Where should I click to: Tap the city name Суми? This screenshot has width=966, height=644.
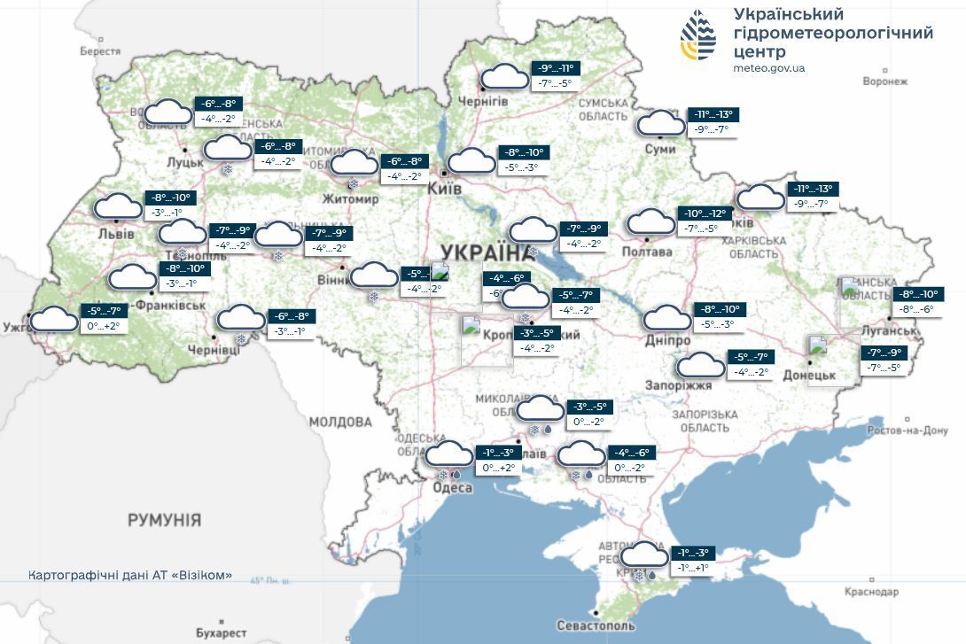point(660,149)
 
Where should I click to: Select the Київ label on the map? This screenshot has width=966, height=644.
point(443,190)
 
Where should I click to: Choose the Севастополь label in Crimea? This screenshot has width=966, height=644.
point(596,625)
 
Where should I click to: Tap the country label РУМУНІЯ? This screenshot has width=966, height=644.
point(164,520)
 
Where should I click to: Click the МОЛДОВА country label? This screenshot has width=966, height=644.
point(339,421)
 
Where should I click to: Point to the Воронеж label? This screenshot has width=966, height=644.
point(884,81)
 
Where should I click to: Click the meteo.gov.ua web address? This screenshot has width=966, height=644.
point(769,68)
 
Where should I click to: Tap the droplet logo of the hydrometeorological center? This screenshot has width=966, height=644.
point(698,35)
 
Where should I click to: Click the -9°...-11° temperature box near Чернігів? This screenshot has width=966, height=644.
point(555,68)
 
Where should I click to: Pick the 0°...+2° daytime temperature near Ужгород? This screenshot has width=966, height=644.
point(103,326)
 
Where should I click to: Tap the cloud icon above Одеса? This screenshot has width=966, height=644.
point(449,455)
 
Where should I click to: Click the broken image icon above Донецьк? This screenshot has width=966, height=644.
point(817,345)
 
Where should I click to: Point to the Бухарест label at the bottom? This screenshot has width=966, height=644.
point(221,632)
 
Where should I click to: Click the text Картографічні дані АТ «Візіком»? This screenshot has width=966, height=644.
point(130,575)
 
